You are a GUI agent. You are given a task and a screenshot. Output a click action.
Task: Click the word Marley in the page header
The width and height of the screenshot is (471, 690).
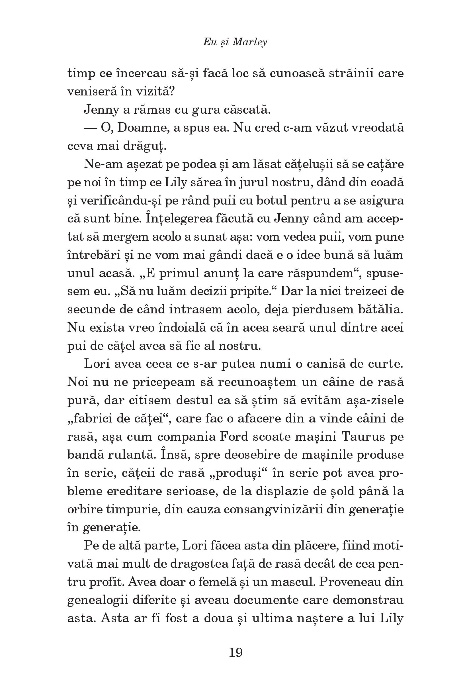250,42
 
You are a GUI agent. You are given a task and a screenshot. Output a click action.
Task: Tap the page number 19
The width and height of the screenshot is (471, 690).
236,652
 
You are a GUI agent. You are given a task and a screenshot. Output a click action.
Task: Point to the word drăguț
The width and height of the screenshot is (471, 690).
144,146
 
